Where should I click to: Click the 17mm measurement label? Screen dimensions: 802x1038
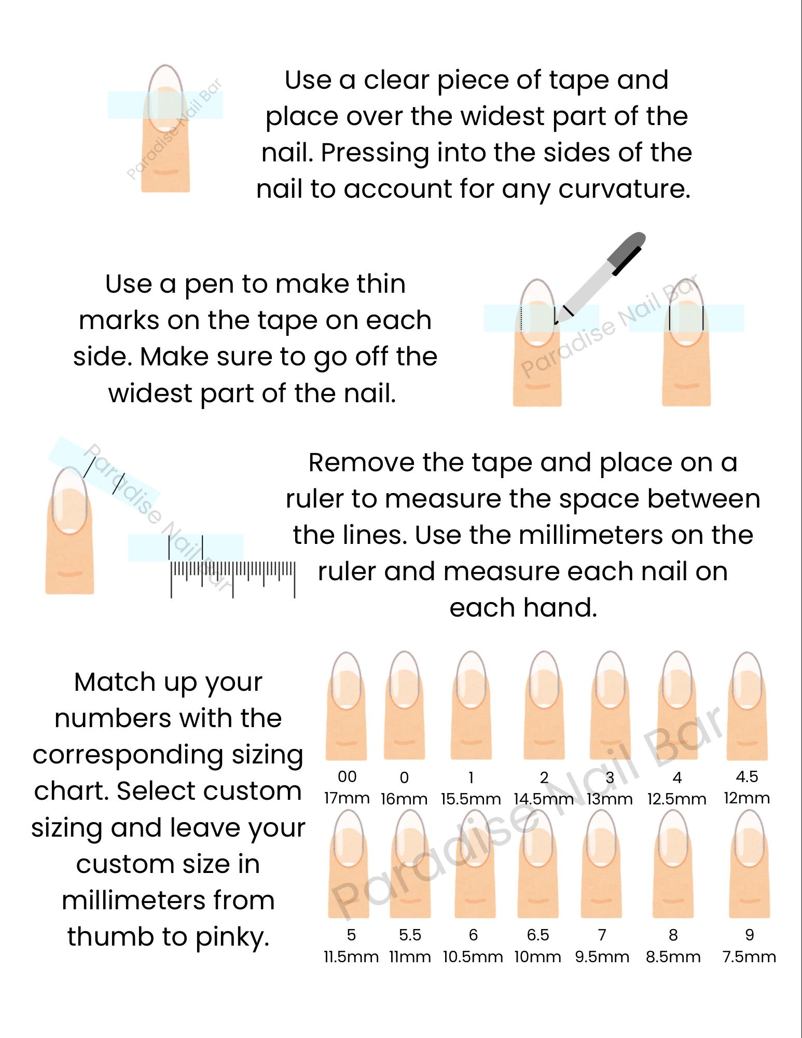point(347,798)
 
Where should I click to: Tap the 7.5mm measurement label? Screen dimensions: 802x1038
point(749,957)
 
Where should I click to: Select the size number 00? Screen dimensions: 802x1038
point(347,776)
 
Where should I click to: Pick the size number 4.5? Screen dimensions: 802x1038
point(747,776)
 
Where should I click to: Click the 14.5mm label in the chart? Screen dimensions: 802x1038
point(544,799)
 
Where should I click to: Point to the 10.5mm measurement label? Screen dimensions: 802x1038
point(473,957)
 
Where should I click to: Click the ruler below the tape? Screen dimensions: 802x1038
point(233,579)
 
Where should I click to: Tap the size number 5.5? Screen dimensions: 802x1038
point(410,935)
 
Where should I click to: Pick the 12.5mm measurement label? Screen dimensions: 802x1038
point(676,799)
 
